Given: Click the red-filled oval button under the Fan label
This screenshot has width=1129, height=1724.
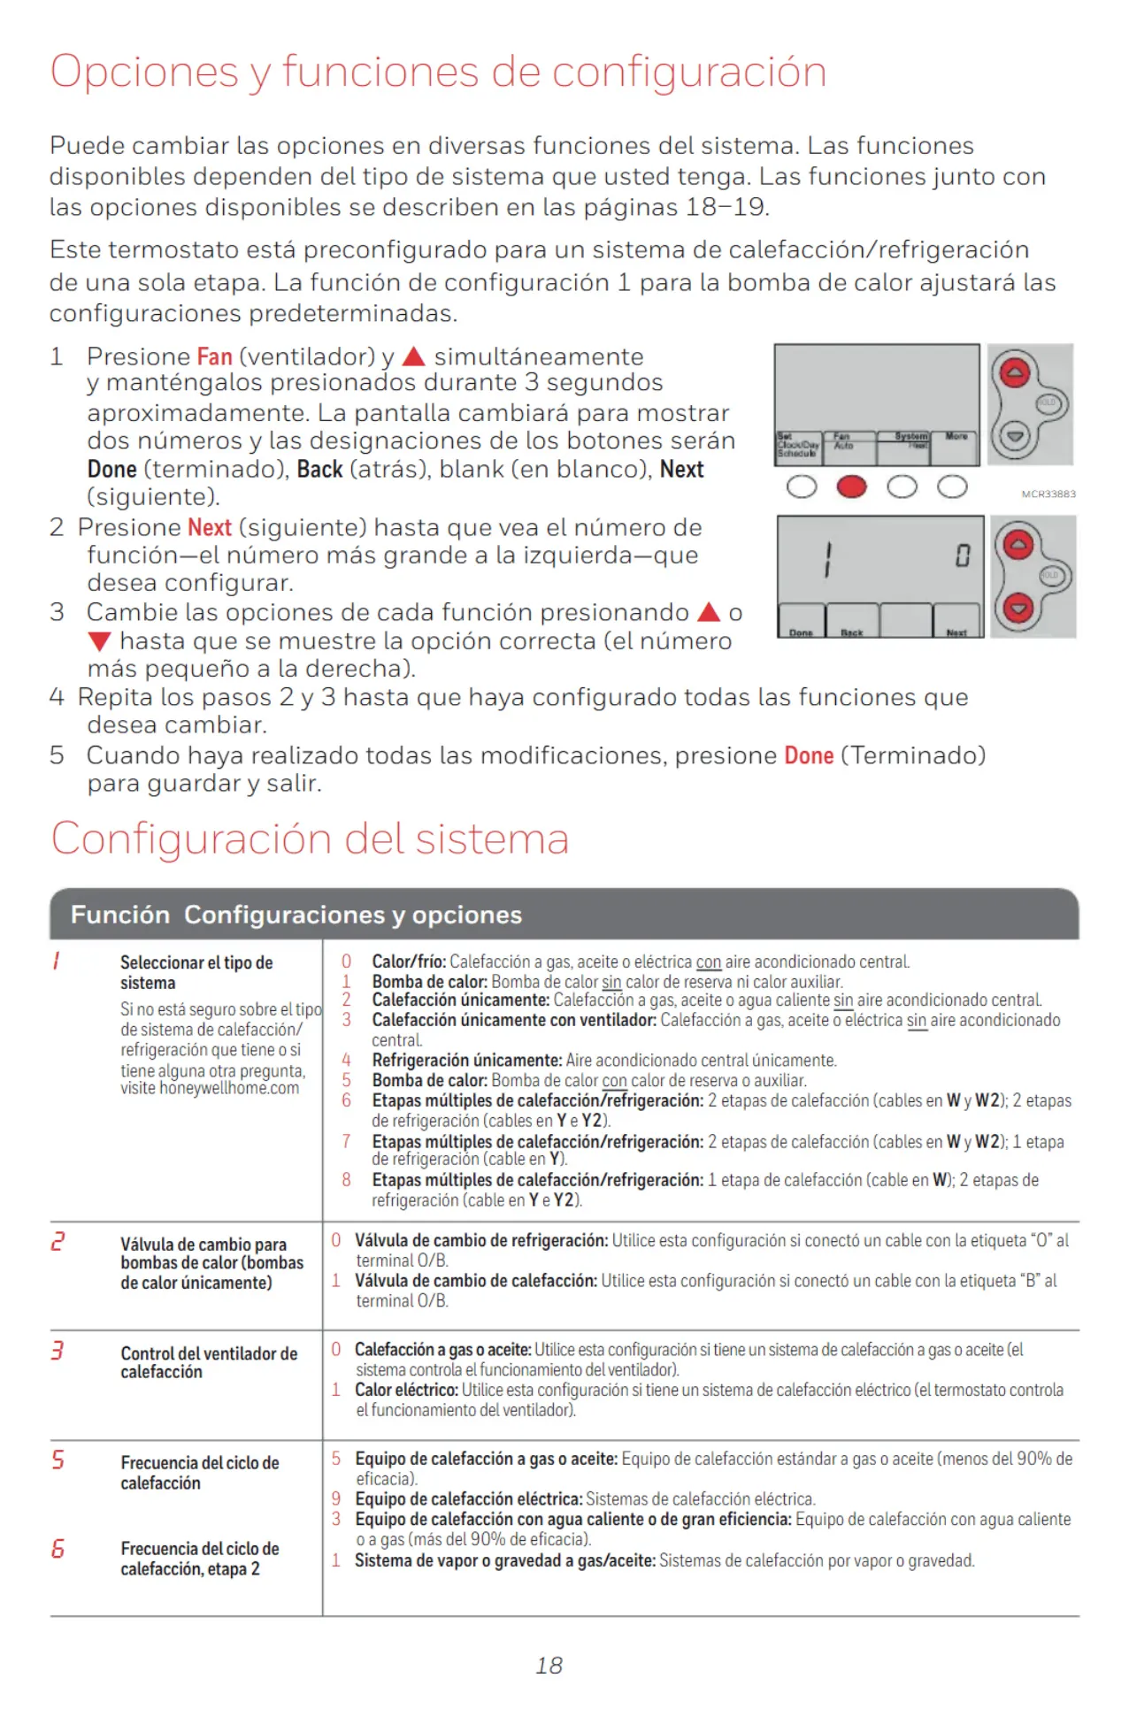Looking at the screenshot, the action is pyautogui.click(x=851, y=487).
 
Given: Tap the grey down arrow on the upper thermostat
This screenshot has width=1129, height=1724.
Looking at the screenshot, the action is pyautogui.click(x=1014, y=435).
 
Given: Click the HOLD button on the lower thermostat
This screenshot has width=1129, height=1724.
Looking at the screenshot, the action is pyautogui.click(x=1050, y=575).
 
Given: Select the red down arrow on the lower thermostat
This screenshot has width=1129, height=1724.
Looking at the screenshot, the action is pyautogui.click(x=1018, y=609).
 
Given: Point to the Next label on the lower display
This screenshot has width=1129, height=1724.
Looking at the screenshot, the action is pyautogui.click(x=956, y=632).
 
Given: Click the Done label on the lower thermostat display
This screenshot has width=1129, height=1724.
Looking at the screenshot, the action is pyautogui.click(x=801, y=632).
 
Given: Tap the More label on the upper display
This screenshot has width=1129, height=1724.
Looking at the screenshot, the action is pyautogui.click(x=956, y=436).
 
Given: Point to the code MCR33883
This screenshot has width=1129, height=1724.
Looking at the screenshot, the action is pyautogui.click(x=1048, y=494).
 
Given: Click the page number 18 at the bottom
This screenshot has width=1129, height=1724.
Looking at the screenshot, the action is pyautogui.click(x=549, y=1666).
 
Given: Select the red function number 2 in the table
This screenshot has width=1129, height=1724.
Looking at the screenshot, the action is pyautogui.click(x=58, y=1242).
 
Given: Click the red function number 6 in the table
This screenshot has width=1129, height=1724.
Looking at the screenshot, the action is pyautogui.click(x=58, y=1548).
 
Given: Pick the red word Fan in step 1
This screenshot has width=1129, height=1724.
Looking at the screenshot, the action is pyautogui.click(x=214, y=356).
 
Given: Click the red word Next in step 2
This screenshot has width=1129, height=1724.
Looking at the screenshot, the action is pyautogui.click(x=210, y=527).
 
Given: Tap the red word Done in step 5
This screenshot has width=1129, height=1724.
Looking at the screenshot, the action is pyautogui.click(x=809, y=755).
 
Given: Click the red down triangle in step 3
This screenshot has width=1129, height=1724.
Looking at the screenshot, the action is pyautogui.click(x=99, y=641).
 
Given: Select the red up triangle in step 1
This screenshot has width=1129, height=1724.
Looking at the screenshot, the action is pyautogui.click(x=414, y=356).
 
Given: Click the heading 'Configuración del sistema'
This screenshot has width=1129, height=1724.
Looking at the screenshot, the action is pyautogui.click(x=310, y=838).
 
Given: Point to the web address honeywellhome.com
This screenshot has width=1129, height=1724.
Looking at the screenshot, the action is pyautogui.click(x=229, y=1088).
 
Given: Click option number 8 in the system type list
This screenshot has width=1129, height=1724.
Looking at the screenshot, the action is pyautogui.click(x=346, y=1179).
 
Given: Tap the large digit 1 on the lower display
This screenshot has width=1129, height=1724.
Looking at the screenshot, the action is pyautogui.click(x=828, y=560).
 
